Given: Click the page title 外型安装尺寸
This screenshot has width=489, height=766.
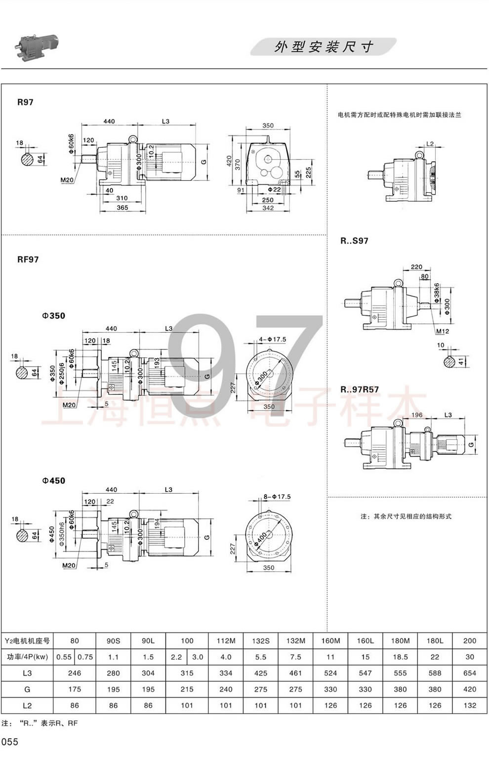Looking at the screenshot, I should click(324, 47).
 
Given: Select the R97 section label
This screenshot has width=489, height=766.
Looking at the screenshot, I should click(25, 102).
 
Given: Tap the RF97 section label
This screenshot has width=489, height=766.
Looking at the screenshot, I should click(28, 259).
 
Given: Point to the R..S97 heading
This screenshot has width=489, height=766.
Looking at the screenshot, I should click(354, 241).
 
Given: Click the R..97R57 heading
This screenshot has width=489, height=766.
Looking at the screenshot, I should click(359, 389).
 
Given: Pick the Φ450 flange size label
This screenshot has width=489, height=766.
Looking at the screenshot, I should click(53, 480).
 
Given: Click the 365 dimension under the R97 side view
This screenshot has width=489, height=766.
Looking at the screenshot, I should click(122, 208).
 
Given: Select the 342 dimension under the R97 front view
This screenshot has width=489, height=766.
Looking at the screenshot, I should click(268, 209).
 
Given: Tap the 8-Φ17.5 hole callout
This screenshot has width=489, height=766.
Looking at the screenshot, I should click(277, 497).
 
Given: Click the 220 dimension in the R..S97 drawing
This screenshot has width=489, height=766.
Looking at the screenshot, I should click(416, 267).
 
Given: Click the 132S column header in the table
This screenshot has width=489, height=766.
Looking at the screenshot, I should click(260, 640).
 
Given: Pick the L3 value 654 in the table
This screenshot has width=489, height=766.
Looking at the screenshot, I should click(469, 673).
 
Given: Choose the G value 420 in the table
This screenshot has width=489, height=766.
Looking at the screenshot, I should click(469, 689).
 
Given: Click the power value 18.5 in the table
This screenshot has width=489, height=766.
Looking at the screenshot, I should click(400, 657).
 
